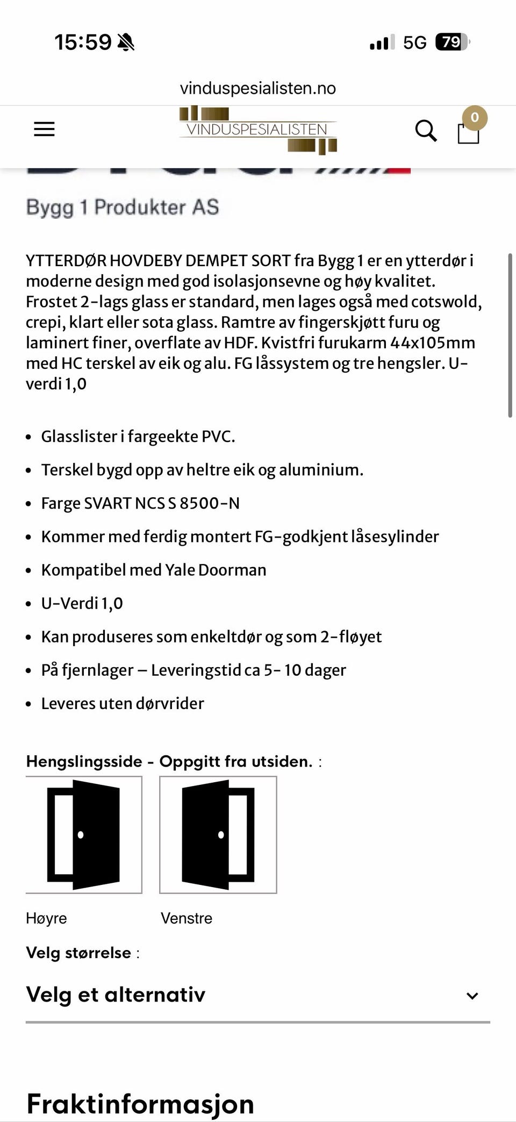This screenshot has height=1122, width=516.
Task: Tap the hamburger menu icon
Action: point(44,130)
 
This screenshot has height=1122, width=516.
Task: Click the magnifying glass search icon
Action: point(426,131)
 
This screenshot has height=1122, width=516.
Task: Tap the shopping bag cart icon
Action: point(468,132)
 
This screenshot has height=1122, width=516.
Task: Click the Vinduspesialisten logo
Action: point(257,130)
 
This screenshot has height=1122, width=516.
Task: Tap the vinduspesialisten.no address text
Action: point(257,88)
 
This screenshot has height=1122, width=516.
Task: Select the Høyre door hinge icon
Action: point(84,834)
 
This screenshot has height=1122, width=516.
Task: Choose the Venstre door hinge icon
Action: point(218,834)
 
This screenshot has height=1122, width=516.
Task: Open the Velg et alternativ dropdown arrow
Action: point(472,996)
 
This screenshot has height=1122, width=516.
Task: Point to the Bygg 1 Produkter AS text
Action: point(123,208)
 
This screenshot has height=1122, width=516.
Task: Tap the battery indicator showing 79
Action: point(452,42)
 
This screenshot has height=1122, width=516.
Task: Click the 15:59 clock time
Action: point(83,42)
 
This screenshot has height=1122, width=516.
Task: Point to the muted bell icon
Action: point(126,42)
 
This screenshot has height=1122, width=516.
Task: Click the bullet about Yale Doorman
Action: point(154,570)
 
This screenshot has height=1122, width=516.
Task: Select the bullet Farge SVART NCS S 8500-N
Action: point(140,503)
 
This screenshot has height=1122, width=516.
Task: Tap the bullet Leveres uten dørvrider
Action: point(123,703)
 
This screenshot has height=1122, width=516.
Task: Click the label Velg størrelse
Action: point(78,953)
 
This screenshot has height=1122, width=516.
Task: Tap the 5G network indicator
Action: point(414,42)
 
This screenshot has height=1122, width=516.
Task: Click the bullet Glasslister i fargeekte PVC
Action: point(138,437)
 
